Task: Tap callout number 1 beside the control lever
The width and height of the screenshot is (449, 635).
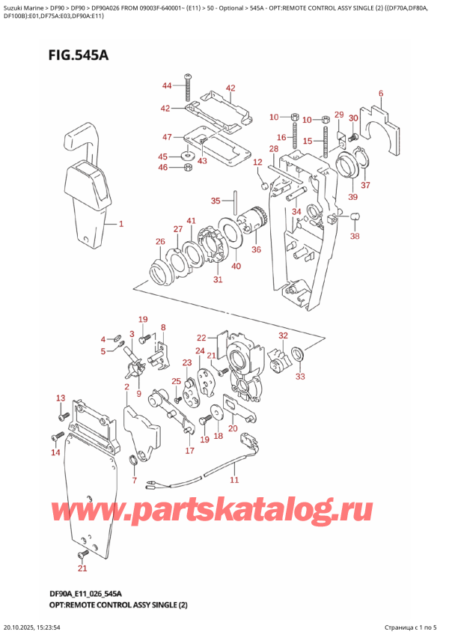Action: (121, 223)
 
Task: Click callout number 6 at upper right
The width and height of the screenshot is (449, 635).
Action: (380, 94)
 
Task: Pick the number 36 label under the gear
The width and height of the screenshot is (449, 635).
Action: (257, 250)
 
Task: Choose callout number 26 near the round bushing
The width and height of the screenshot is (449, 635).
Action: (159, 241)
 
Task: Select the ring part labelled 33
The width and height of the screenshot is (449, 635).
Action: (296, 353)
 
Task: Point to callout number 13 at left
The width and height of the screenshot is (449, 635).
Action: (61, 398)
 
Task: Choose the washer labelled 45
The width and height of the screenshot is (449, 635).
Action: (186, 156)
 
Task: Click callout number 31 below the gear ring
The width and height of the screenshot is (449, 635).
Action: (218, 280)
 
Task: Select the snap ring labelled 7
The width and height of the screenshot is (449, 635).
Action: (136, 459)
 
